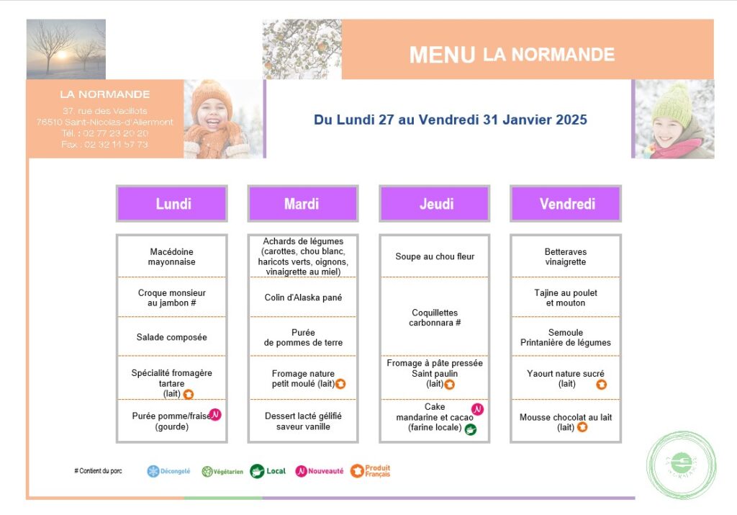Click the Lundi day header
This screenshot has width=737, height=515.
172,204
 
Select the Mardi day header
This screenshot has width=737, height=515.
302,204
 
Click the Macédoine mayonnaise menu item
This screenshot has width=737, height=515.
172,257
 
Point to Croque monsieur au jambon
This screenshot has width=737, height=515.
172,297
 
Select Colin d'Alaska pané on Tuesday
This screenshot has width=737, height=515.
303,297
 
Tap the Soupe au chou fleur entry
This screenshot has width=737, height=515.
435,256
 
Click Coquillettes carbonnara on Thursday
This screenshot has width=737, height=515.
435,318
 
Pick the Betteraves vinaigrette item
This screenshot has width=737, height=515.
566,257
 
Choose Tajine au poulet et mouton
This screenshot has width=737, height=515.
566,297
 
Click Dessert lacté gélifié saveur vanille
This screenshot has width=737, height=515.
303,421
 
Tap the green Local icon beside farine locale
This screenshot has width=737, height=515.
471,429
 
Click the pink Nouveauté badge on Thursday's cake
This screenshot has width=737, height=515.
477,409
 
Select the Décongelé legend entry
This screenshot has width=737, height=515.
169,471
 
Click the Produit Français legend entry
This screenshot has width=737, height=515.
371,471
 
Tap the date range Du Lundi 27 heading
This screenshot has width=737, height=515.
451,120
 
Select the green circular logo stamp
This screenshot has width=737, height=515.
681,465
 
